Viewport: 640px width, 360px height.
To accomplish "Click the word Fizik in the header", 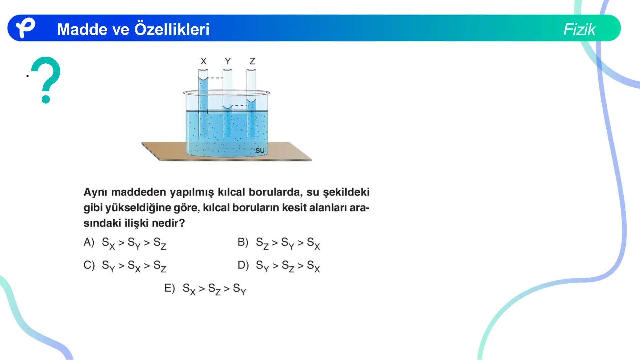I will (x=579, y=29).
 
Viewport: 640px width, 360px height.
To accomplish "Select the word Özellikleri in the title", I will (x=172, y=29).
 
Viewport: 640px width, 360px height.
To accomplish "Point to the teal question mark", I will (x=46, y=80).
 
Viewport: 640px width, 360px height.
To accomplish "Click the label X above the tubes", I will (x=203, y=61).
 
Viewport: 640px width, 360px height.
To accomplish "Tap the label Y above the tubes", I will (x=228, y=61).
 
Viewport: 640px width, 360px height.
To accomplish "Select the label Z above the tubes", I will (x=252, y=61).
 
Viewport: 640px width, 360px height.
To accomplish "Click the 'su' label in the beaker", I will (x=260, y=150).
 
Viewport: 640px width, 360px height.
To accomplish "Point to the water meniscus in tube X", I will (x=203, y=79).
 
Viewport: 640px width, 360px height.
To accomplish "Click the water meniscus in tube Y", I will (x=228, y=107).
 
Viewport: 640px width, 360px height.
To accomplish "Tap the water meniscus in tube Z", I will (x=251, y=100).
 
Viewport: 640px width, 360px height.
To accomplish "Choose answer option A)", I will (x=89, y=242).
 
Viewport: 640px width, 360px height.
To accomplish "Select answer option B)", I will (x=243, y=242).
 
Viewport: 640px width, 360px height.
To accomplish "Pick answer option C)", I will (x=89, y=265).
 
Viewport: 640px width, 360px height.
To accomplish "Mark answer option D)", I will (x=243, y=265).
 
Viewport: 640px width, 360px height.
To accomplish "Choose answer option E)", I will (x=170, y=288).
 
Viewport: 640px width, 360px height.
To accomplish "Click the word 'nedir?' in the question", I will (x=168, y=223).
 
